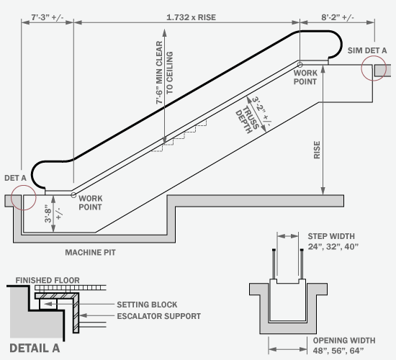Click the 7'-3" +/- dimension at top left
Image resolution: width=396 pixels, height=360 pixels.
pyautogui.click(x=46, y=15)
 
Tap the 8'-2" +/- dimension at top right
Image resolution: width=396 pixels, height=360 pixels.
pyautogui.click(x=347, y=15)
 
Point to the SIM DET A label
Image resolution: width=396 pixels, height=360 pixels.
pyautogui.click(x=366, y=50)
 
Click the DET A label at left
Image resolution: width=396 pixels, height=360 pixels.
pyautogui.click(x=16, y=177)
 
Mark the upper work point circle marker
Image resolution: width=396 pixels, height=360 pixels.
pyautogui.click(x=300, y=65)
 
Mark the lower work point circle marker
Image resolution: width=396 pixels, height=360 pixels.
pyautogui.click(x=73, y=194)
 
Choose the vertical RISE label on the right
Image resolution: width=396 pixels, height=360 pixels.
pyautogui.click(x=318, y=149)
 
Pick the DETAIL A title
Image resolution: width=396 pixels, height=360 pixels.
pyautogui.click(x=35, y=348)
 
